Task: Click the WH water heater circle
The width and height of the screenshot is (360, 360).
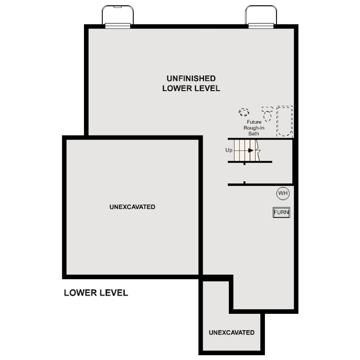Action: point(283,193)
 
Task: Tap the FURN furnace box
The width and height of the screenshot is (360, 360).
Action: point(281,212)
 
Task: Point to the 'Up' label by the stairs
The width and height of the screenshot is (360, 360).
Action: point(229,150)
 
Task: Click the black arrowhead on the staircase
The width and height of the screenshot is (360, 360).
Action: point(251,150)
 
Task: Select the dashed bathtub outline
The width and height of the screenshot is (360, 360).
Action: point(285,121)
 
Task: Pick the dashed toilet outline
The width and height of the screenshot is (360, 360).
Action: point(267,114)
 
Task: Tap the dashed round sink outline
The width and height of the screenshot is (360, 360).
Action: point(244,112)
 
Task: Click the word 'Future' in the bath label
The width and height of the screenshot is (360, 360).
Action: point(254,122)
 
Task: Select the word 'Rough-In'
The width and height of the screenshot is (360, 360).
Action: point(254,128)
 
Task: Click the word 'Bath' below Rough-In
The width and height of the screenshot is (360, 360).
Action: point(254,133)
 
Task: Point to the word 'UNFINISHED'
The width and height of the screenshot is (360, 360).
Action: point(191,79)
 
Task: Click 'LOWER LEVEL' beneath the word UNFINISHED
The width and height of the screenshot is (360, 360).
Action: point(191,88)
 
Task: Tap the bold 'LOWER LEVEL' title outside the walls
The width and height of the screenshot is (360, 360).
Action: point(96,293)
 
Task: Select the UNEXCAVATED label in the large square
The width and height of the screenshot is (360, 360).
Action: point(132,207)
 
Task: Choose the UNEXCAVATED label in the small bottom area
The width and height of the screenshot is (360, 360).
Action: point(232,332)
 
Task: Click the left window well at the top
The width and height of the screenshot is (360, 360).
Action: point(118,16)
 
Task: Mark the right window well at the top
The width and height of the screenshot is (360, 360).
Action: point(261,16)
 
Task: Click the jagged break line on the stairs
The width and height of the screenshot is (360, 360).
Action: point(258,150)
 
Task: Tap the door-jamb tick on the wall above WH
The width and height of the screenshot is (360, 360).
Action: point(244,182)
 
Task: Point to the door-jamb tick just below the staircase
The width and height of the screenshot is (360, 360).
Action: point(244,164)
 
